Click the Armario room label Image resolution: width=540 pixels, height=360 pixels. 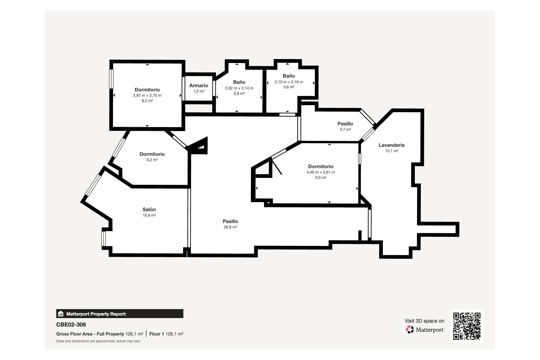[x=199, y=85]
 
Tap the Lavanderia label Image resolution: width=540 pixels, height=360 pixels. [x=391, y=145]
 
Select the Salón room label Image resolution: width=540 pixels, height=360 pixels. [x=149, y=210]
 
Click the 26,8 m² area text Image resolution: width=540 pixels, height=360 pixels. [x=230, y=227]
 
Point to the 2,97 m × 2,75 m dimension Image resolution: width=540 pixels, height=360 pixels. [x=147, y=95]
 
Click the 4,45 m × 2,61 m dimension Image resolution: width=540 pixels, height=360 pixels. [x=321, y=172]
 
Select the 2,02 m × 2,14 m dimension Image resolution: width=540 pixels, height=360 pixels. [x=239, y=88]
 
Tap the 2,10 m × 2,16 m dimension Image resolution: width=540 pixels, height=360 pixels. [x=289, y=82]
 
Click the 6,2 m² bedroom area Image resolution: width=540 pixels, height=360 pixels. [x=152, y=160]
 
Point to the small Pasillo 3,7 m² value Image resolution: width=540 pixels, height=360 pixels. [x=345, y=130]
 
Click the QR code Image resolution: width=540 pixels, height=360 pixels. [x=467, y=326]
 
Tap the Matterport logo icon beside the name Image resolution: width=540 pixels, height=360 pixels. [x=410, y=329]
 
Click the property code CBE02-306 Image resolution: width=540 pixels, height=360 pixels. [x=71, y=325]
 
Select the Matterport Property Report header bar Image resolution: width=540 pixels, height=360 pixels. [x=120, y=314]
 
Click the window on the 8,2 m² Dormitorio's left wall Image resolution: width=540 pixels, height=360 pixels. [x=111, y=79]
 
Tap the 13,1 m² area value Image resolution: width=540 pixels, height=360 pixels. [x=391, y=151]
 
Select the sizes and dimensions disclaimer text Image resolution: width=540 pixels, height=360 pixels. [x=98, y=341]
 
